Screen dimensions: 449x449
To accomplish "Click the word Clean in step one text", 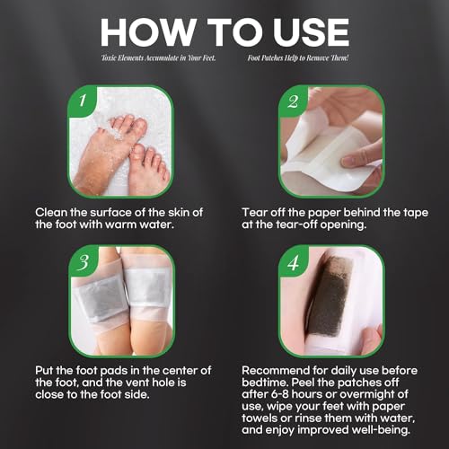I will pos(53,211).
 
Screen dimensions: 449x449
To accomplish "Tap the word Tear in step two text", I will pos(256,211).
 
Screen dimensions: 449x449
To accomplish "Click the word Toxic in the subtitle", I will pos(114,59).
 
